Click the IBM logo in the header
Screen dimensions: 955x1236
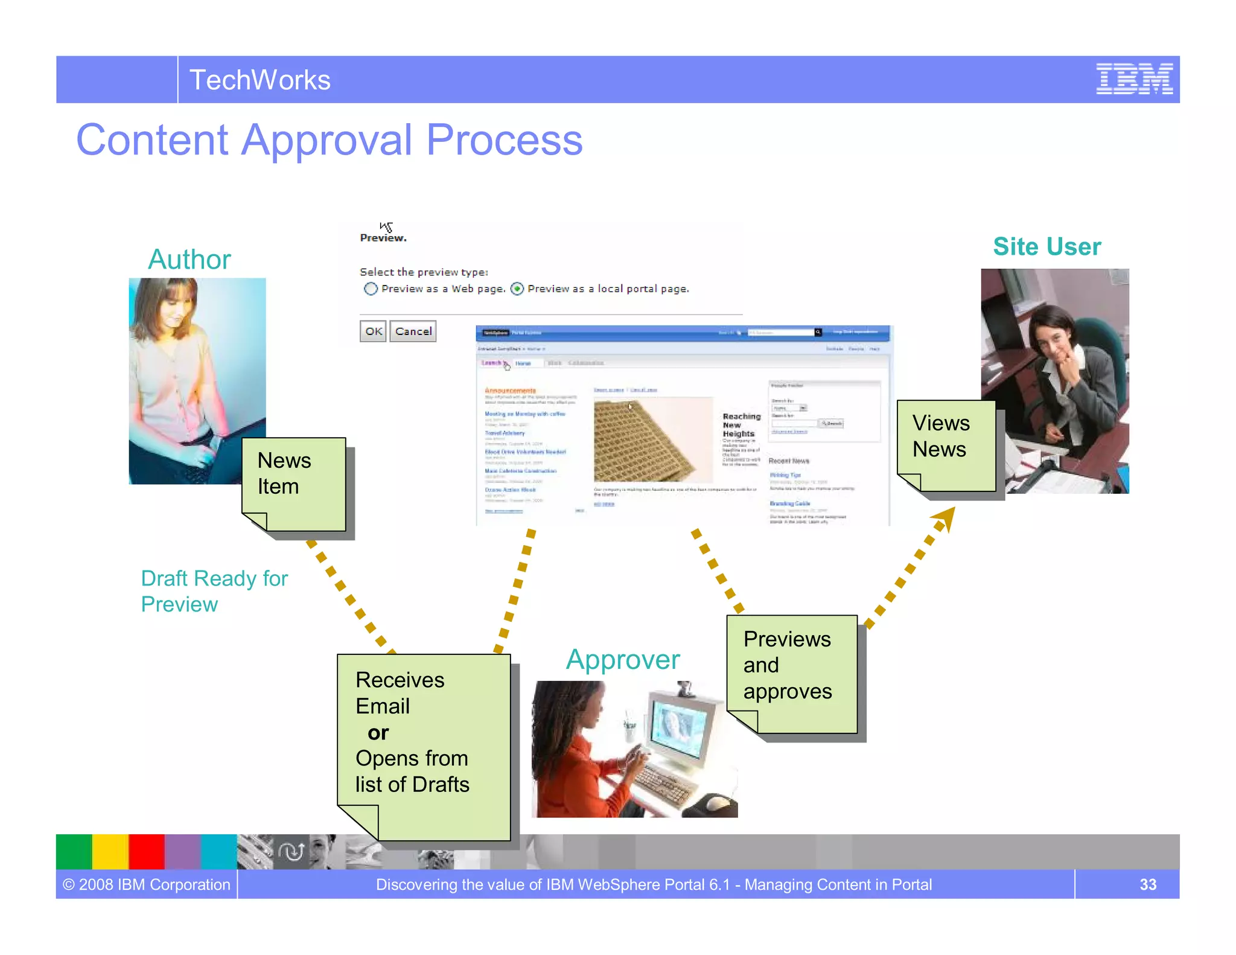[x=1134, y=79]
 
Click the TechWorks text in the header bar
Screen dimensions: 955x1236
[x=260, y=80]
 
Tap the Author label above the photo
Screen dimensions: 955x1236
[x=189, y=259]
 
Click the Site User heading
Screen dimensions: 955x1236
[x=1046, y=246]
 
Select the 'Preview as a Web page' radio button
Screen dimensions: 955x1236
[x=371, y=289]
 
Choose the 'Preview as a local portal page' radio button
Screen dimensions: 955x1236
[x=517, y=289]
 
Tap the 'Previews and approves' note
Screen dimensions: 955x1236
[x=791, y=670]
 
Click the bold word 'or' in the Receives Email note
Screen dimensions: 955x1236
[x=378, y=732]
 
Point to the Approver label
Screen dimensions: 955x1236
[x=622, y=659]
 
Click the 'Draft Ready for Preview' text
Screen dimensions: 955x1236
[x=214, y=591]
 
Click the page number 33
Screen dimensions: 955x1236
[x=1147, y=884]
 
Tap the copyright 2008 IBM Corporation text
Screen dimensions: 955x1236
[x=147, y=884]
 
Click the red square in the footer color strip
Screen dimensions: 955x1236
[x=146, y=851]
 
